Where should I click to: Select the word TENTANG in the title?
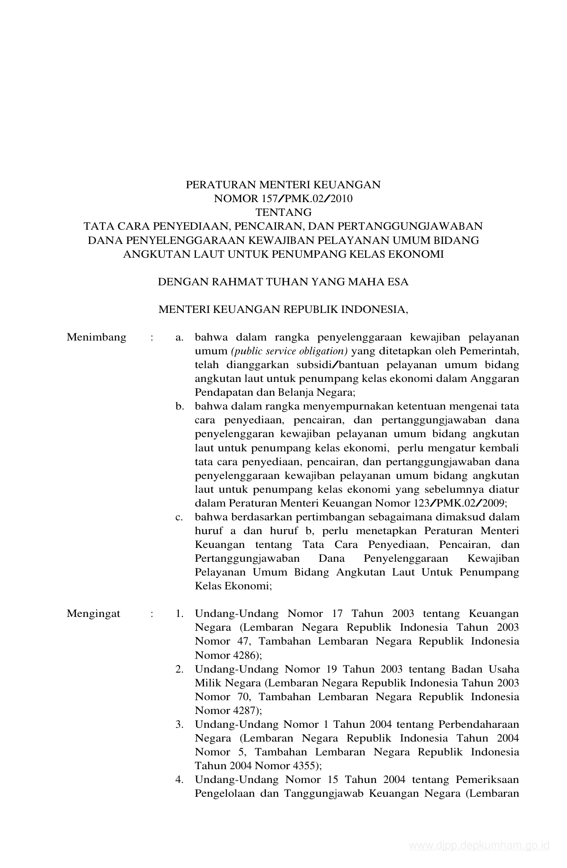coord(283,212)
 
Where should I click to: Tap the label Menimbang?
coord(97,337)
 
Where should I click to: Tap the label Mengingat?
coord(93,614)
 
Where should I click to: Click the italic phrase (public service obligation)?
coord(290,351)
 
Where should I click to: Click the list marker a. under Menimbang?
coord(180,337)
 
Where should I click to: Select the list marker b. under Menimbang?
coord(180,406)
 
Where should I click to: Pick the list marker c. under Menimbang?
coord(180,517)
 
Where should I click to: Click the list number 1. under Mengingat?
coord(180,614)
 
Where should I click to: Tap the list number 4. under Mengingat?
coord(180,780)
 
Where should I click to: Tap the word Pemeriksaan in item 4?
coord(487,780)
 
